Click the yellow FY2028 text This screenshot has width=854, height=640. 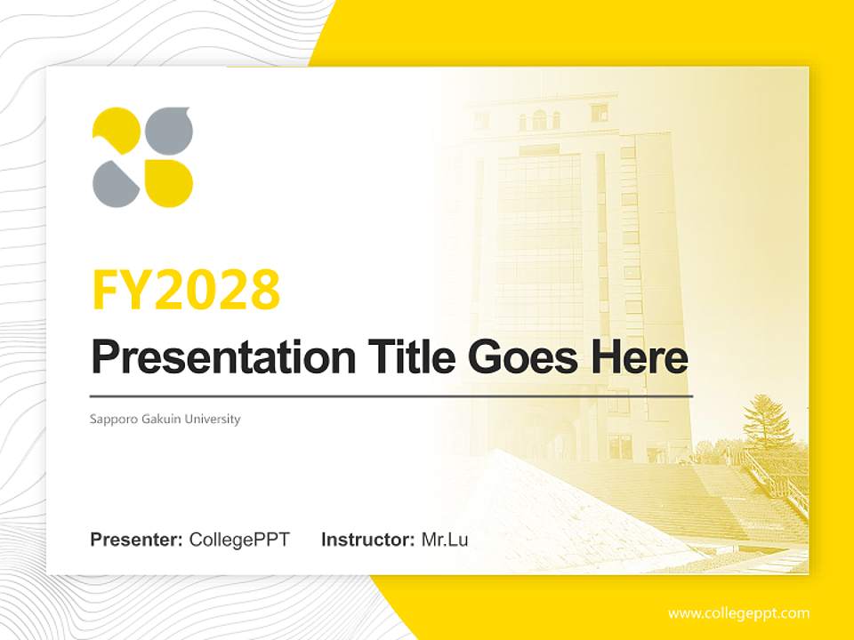186,291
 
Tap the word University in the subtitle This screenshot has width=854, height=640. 212,419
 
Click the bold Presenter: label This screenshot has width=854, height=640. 137,540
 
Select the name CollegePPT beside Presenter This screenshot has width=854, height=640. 239,540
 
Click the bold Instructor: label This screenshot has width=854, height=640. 367,540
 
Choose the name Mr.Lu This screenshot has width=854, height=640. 445,540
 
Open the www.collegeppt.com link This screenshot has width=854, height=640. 738,613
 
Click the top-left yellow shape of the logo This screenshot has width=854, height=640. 115,132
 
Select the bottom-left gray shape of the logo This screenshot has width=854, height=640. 115,183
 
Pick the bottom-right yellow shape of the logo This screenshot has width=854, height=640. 169,183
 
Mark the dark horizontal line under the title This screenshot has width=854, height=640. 391,396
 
